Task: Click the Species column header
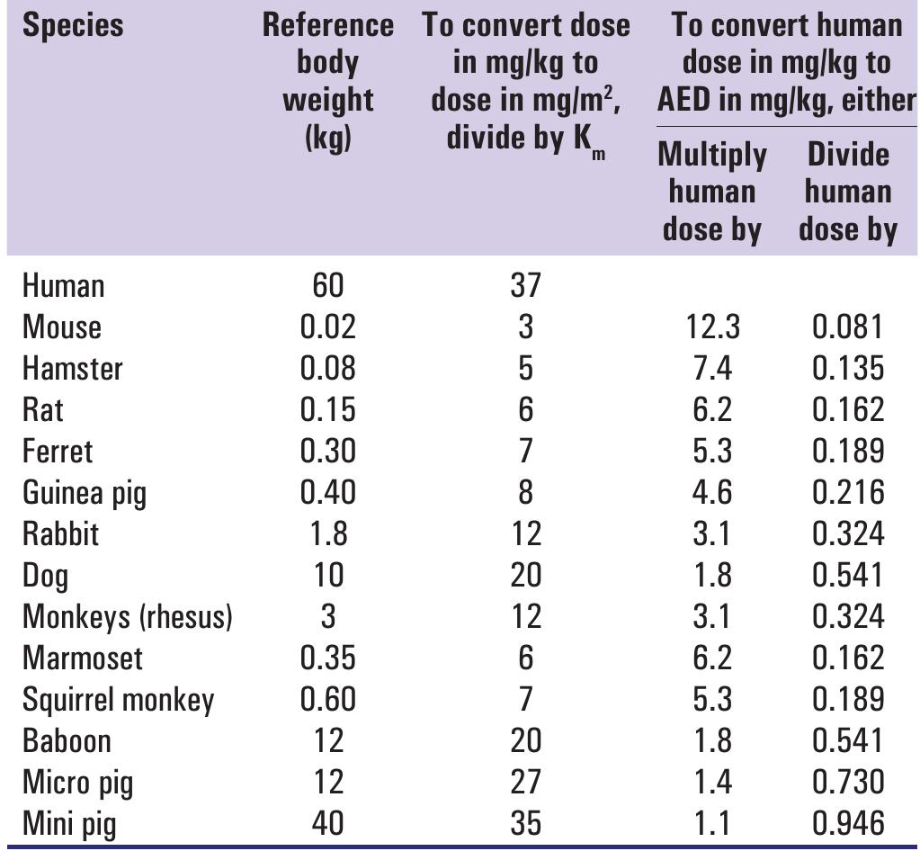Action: (x=73, y=25)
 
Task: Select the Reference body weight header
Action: (x=327, y=81)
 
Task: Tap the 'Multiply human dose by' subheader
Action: (x=712, y=192)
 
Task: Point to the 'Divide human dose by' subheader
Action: (x=847, y=192)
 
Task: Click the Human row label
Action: (x=63, y=286)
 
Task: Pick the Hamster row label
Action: (x=72, y=369)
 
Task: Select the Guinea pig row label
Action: (x=84, y=493)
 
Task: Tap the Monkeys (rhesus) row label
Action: (x=127, y=617)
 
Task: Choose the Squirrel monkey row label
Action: (x=118, y=700)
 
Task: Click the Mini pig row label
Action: (x=69, y=823)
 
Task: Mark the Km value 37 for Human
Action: (x=526, y=286)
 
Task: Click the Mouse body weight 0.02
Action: (x=327, y=327)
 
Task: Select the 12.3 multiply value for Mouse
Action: (x=711, y=327)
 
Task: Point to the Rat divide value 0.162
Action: (x=847, y=410)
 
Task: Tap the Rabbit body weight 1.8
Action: (x=327, y=533)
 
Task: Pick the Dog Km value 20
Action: (x=526, y=575)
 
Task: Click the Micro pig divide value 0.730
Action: (x=847, y=782)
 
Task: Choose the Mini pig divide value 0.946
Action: (x=847, y=823)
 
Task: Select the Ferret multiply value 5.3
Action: (x=711, y=452)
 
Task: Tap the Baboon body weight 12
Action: (x=327, y=740)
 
